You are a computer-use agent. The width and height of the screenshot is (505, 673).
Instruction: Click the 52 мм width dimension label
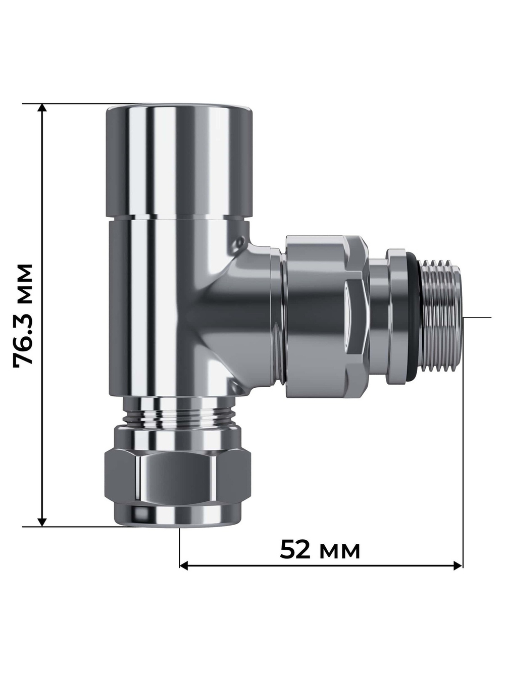[320, 550]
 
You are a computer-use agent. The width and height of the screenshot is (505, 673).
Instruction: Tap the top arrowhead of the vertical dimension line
[42, 109]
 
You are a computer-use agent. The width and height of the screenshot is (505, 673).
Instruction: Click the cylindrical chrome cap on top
[178, 162]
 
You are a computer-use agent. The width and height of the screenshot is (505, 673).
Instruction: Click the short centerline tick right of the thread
[477, 318]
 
